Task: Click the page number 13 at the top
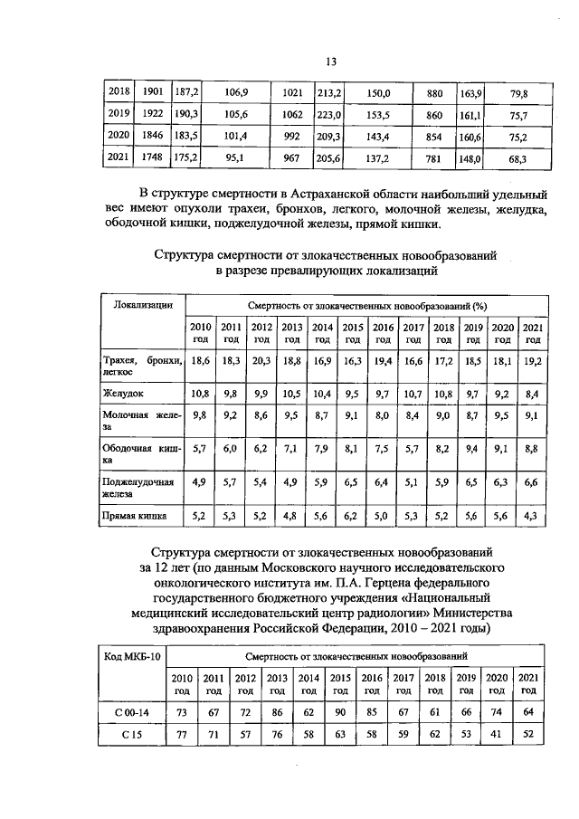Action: tap(331, 61)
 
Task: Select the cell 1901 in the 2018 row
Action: tap(153, 92)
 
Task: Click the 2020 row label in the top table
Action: tap(118, 137)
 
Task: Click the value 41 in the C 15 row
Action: tap(496, 735)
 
